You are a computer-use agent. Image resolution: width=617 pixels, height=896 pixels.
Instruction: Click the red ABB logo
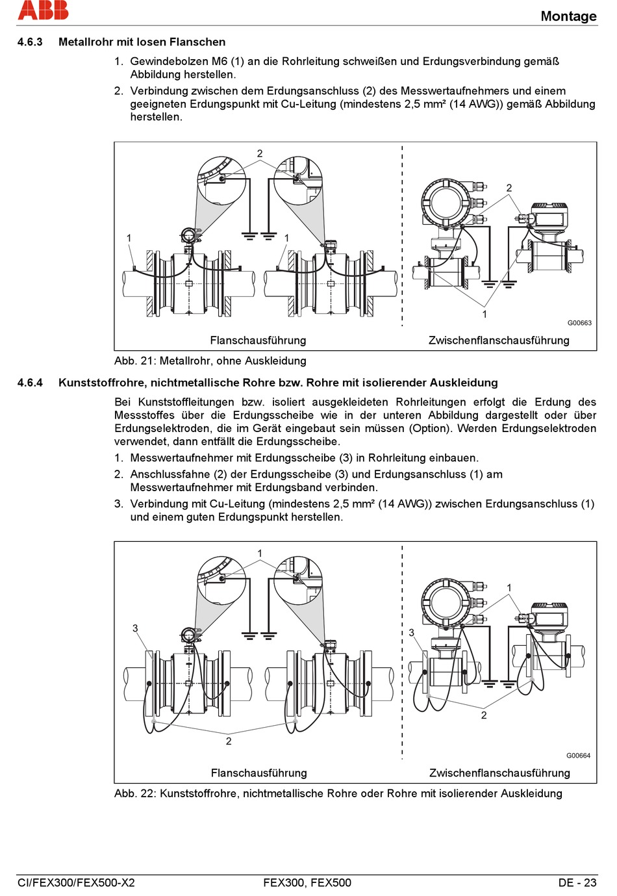[43, 10]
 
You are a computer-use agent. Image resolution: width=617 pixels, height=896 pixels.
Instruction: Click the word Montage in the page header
[568, 16]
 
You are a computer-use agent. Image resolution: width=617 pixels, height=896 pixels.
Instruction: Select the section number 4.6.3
[30, 42]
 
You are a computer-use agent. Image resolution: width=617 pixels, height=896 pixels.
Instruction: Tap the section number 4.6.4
[30, 383]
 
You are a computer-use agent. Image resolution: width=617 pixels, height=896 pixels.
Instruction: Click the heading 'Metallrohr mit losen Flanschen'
[142, 42]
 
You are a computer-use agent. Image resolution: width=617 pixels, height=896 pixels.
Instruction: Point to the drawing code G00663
[579, 323]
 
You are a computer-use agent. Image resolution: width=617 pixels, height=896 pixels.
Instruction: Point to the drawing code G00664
[578, 756]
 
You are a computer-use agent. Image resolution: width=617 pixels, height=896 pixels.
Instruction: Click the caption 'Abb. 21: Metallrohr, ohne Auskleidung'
[210, 361]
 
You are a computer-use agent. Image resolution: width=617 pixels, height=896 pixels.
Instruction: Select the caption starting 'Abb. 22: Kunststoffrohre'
[338, 793]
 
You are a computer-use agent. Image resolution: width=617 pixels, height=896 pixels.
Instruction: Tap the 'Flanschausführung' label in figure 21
[258, 340]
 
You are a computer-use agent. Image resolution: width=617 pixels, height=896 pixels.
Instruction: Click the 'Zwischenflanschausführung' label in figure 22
[499, 773]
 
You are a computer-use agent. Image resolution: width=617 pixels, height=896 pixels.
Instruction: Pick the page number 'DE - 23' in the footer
[577, 882]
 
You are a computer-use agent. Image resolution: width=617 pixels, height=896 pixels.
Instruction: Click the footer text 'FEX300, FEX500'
[307, 882]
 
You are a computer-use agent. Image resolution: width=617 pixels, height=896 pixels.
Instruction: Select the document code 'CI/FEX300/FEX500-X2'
[76, 882]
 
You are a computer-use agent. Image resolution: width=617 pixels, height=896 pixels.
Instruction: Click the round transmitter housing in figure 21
[446, 202]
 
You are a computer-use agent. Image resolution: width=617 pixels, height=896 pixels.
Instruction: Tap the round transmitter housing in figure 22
[446, 601]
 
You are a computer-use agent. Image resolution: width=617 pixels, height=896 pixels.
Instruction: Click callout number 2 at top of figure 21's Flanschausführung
[260, 154]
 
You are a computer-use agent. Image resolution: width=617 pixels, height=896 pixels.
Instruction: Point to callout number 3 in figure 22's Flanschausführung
[135, 628]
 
